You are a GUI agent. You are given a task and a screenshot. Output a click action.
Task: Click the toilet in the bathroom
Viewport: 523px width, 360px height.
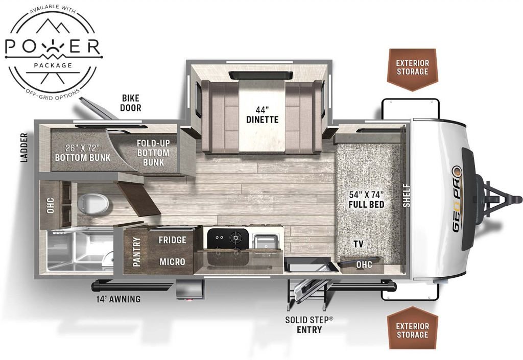click(93, 203)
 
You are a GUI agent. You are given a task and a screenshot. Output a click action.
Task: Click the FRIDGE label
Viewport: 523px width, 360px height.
click(172, 240)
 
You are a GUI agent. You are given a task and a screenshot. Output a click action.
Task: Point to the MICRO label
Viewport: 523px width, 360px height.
click(172, 261)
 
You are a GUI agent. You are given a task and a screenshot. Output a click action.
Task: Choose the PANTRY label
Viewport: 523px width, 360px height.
click(136, 252)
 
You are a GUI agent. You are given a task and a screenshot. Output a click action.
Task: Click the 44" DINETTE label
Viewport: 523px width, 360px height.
click(262, 115)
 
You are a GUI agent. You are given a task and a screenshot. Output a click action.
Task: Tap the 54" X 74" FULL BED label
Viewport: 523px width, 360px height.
click(366, 199)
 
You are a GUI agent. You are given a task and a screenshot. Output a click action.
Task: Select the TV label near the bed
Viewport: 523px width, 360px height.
click(359, 244)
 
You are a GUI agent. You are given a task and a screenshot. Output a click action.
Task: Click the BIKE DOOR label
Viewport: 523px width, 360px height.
click(130, 103)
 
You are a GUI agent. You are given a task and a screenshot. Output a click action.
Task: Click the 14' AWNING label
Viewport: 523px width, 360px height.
click(118, 299)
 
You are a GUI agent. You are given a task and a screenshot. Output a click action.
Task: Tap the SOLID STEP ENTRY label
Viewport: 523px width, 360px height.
click(309, 325)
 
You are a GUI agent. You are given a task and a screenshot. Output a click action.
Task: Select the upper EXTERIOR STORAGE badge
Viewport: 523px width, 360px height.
click(412, 69)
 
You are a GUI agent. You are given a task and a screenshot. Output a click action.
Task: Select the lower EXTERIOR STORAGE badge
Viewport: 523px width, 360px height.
click(412, 328)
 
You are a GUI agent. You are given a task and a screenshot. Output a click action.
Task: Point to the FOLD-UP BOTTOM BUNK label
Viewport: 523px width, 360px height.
click(153, 153)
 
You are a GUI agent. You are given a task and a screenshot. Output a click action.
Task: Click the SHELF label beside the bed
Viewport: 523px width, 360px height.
click(406, 196)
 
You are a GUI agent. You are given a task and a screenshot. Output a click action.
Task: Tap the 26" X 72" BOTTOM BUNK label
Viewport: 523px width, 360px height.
click(82, 153)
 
